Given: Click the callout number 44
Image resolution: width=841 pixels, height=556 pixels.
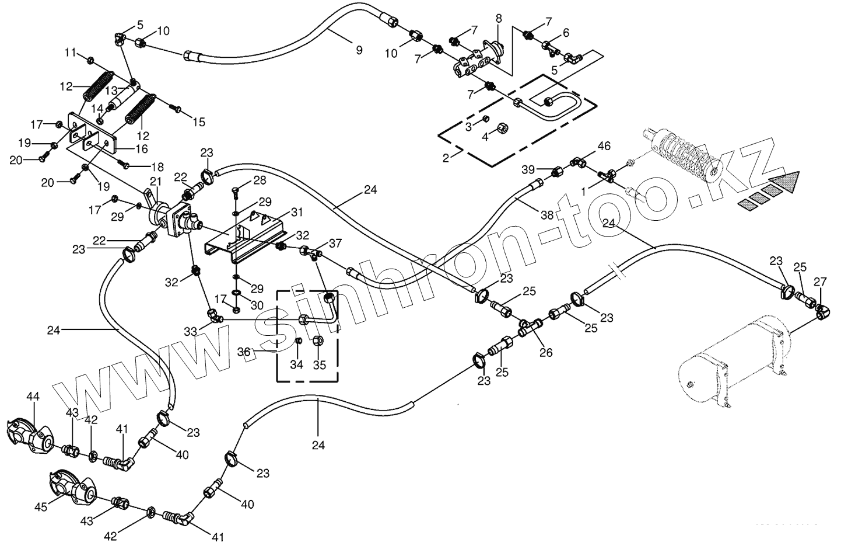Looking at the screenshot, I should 33,397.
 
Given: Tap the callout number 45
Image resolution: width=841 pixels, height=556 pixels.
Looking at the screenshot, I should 40,508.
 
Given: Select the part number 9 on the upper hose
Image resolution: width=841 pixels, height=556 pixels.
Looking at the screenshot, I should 359,50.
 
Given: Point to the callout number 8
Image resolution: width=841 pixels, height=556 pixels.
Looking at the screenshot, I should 499,18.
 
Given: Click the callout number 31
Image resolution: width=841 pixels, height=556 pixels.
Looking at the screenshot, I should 297,211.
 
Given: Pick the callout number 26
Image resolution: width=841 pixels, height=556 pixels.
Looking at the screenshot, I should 546,352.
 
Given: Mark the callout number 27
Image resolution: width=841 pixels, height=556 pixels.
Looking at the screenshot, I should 820,282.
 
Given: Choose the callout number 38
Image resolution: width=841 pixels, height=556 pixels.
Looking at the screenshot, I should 546,215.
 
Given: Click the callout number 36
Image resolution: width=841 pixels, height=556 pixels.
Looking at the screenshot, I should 244,352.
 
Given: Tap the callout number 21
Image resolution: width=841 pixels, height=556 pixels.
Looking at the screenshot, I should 155,182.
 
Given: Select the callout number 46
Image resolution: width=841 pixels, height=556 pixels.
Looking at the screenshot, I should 604,145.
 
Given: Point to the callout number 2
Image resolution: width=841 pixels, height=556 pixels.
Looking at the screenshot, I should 446,158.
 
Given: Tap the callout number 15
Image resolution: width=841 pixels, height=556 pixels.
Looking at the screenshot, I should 199,122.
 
